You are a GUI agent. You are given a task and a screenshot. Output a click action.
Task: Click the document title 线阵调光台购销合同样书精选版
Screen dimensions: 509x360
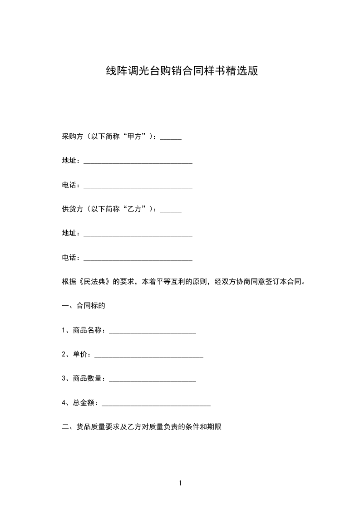182,71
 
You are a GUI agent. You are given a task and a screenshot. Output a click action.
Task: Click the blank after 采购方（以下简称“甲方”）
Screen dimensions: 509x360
171,137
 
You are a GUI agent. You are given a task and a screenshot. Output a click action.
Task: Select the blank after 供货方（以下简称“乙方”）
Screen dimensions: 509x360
171,210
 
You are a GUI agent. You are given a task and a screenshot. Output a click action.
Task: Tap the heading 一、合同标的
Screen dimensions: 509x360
84,306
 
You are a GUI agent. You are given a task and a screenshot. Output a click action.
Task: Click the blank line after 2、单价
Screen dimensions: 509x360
148,356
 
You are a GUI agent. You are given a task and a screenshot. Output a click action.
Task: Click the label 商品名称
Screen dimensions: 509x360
89,330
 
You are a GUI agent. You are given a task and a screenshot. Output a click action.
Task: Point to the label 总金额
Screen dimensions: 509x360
84,402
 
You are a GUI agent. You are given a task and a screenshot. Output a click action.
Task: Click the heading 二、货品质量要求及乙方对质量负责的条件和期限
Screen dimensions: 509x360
141,426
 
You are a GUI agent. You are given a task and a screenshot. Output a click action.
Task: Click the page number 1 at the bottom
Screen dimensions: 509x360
180,483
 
